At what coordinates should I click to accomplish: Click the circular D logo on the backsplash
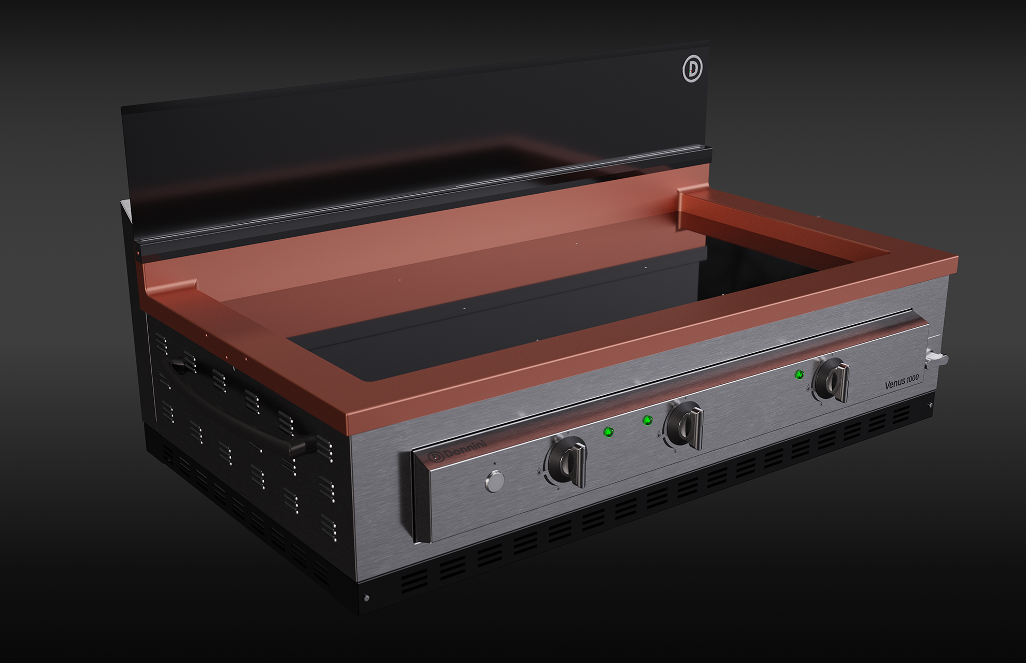point(692,69)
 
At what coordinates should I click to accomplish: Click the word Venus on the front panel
point(895,384)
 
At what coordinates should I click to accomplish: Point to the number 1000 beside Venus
point(913,379)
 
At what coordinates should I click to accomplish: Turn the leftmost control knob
point(567,462)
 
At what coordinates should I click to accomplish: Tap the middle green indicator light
point(647,420)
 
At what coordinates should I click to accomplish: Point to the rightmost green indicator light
point(800,374)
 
